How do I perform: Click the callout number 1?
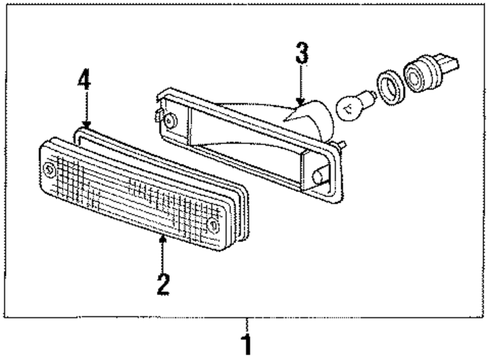(247, 345)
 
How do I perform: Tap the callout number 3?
(302, 54)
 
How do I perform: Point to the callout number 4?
(84, 81)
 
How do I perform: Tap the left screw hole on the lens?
(49, 169)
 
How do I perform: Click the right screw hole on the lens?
(213, 225)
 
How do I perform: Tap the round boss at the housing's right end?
(318, 174)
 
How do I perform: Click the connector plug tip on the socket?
(451, 63)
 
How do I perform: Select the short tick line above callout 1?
(247, 324)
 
